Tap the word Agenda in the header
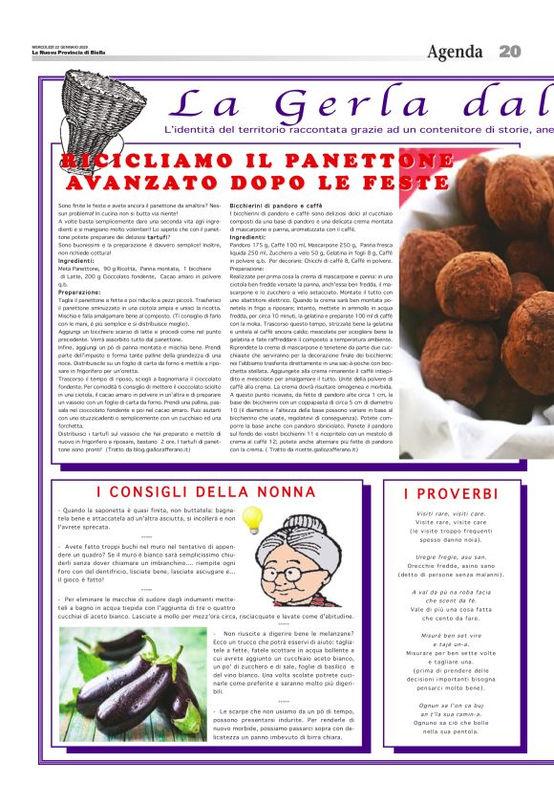click(x=455, y=52)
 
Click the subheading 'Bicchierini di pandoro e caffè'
click(x=276, y=206)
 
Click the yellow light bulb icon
click(x=251, y=519)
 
